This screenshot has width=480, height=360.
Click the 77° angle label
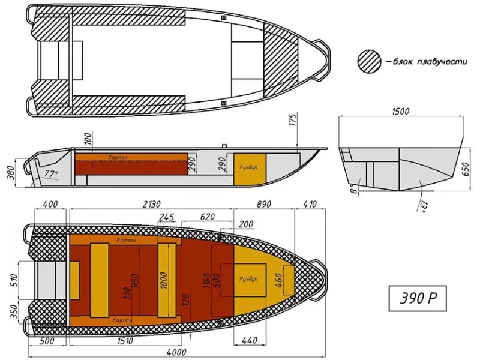pos(50,174)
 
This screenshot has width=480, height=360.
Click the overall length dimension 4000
pos(176,352)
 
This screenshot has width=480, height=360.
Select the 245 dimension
pos(167,217)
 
